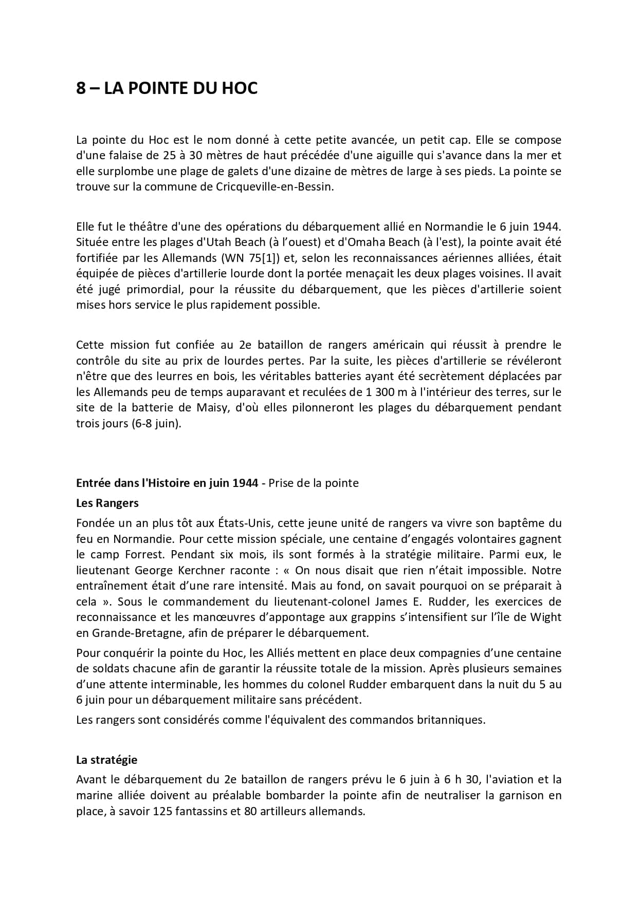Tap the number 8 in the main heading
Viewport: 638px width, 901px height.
81,88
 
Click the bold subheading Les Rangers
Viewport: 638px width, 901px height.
107,503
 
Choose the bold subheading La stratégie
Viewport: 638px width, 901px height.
106,759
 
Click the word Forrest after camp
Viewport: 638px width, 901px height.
144,555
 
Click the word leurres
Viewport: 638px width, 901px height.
218,376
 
